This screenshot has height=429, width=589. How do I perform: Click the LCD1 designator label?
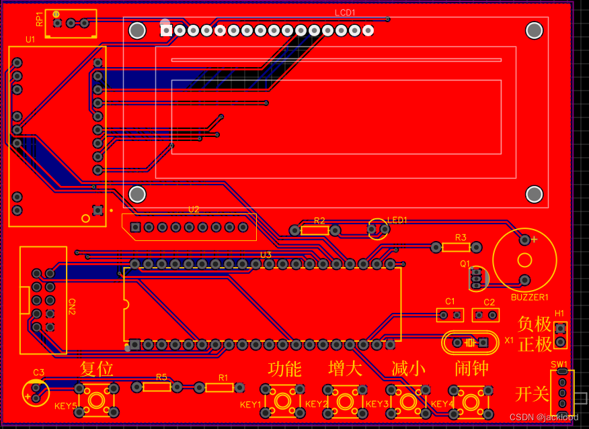coord(345,12)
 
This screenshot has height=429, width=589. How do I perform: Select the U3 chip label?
coord(266,255)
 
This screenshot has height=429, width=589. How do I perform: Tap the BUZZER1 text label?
coord(530,297)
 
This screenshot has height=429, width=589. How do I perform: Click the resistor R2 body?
coord(315,230)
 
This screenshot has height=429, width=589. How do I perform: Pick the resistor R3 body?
coord(456,247)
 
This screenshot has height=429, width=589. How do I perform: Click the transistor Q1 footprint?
coord(477,277)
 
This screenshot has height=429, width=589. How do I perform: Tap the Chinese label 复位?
coord(97,369)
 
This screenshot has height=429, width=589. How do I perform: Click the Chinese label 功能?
coord(284,369)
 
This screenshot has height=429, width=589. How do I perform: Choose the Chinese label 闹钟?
coord(471,369)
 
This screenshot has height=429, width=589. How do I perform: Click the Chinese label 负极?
coord(535,324)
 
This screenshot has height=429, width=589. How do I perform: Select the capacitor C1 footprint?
coord(450,314)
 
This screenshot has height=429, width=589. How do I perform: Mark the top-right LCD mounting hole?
coord(535,30)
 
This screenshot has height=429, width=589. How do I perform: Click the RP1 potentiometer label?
coord(40,19)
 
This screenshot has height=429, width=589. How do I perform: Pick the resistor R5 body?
coord(157,387)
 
